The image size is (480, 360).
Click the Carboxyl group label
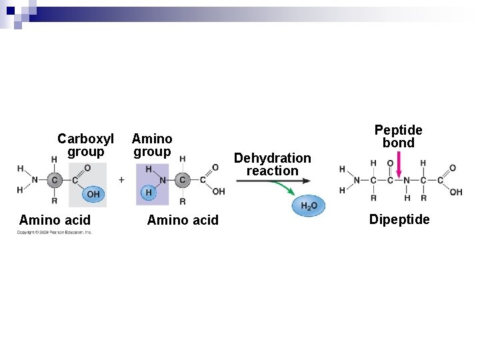85,145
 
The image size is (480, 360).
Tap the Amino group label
152,145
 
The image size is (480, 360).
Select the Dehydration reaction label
272,164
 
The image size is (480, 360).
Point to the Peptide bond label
398,136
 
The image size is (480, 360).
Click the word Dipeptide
399,219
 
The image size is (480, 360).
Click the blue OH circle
93,194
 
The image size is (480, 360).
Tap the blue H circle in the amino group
149,193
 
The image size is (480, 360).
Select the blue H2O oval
309,206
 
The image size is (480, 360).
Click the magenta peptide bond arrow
399,165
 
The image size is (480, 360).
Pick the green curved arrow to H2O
286,188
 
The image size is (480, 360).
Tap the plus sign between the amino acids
121,179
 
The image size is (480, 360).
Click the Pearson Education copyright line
55,232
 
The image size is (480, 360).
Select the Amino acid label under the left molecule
55,220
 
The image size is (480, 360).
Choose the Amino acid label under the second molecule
182,220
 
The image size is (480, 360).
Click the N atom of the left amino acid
34,179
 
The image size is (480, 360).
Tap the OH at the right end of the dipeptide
456,193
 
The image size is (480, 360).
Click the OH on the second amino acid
219,192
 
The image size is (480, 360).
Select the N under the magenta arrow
406,180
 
